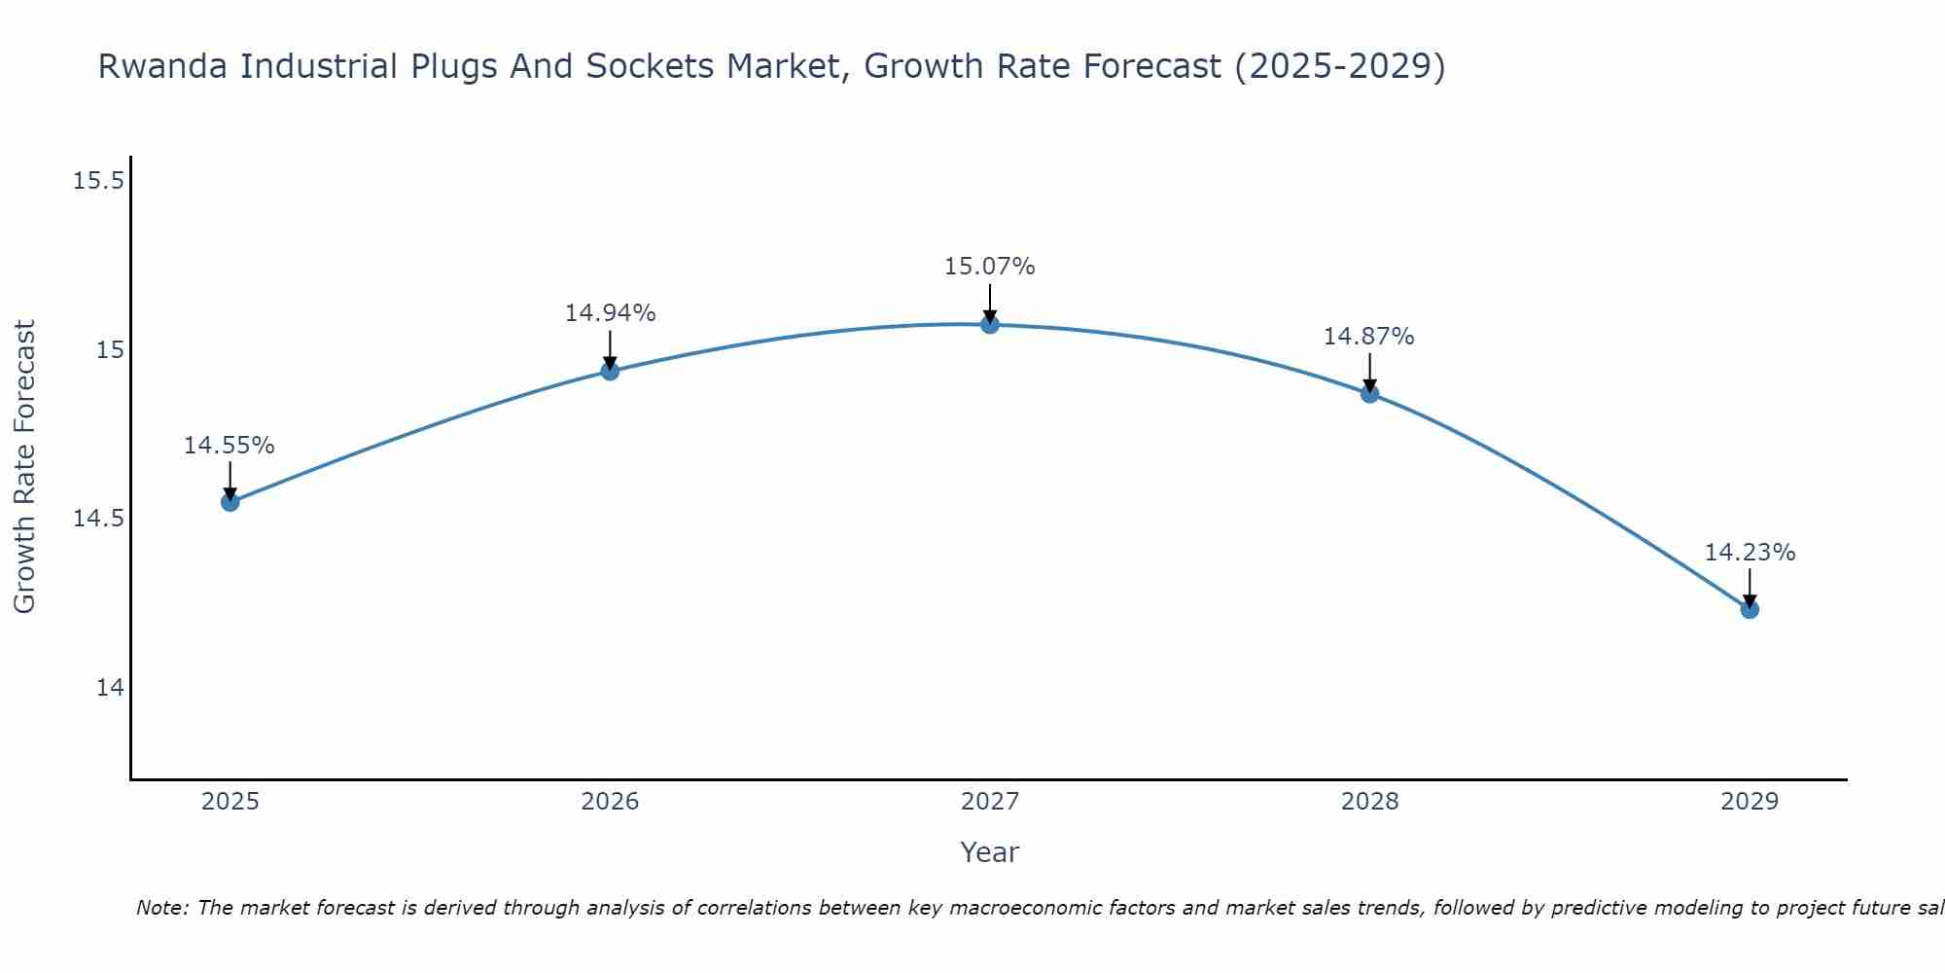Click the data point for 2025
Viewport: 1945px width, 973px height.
[230, 502]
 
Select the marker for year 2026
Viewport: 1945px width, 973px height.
[610, 371]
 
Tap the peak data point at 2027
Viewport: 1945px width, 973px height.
[990, 324]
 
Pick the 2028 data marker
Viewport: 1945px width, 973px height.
[1369, 394]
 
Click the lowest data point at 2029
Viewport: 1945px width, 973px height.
[1750, 609]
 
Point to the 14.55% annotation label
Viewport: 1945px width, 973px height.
[230, 446]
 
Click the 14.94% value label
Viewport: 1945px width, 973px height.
[610, 313]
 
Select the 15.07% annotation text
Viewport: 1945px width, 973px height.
[990, 267]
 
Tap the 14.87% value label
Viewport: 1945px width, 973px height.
[1368, 337]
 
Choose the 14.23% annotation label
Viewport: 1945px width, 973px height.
[1750, 553]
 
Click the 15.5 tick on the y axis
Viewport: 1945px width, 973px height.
[98, 181]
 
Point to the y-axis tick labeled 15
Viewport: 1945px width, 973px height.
[111, 350]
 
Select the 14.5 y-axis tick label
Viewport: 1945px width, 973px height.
[98, 519]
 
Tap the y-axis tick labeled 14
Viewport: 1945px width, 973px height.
[111, 688]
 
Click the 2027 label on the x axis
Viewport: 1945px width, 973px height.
[990, 802]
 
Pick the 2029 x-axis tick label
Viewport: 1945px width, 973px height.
[1750, 802]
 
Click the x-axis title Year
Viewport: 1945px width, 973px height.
[990, 852]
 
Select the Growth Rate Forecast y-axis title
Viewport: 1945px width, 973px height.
[25, 467]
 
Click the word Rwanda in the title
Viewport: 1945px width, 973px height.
[162, 67]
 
